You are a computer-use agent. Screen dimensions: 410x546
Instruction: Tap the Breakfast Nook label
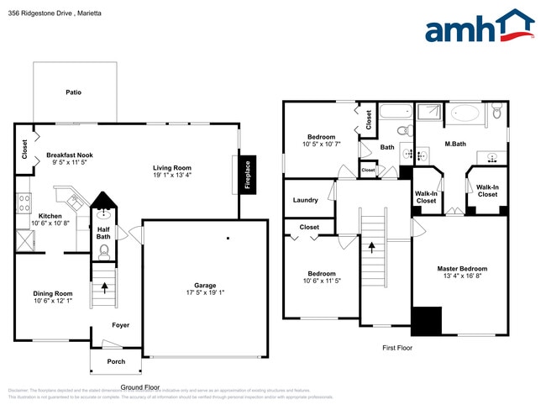70,155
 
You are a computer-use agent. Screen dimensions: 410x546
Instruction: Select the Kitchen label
50,216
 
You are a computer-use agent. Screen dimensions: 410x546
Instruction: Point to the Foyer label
121,324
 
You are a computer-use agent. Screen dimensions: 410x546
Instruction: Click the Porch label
116,361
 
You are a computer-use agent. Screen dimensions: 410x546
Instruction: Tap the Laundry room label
305,200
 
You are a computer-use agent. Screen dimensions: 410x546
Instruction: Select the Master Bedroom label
462,269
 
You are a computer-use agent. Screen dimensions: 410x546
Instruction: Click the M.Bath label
455,145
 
